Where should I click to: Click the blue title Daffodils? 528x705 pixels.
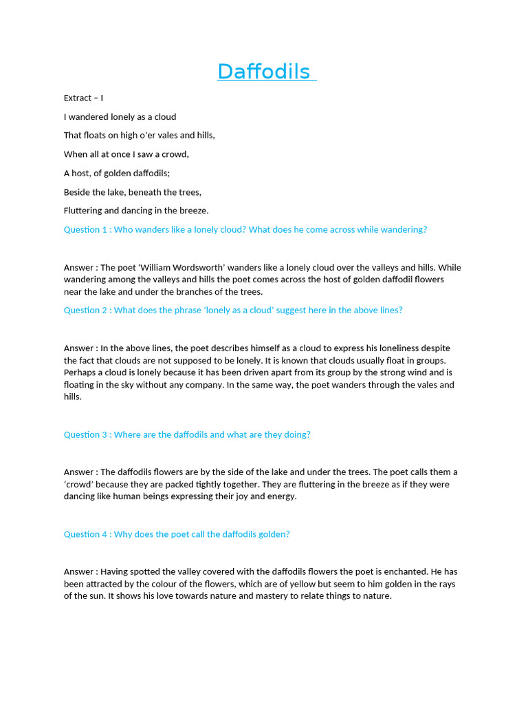(264, 72)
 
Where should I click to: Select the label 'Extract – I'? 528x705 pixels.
(83, 98)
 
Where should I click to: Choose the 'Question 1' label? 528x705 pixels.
(85, 229)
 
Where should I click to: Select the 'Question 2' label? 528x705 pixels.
(85, 310)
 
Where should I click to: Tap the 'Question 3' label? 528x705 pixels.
(85, 434)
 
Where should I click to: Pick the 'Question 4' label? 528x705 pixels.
(85, 534)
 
